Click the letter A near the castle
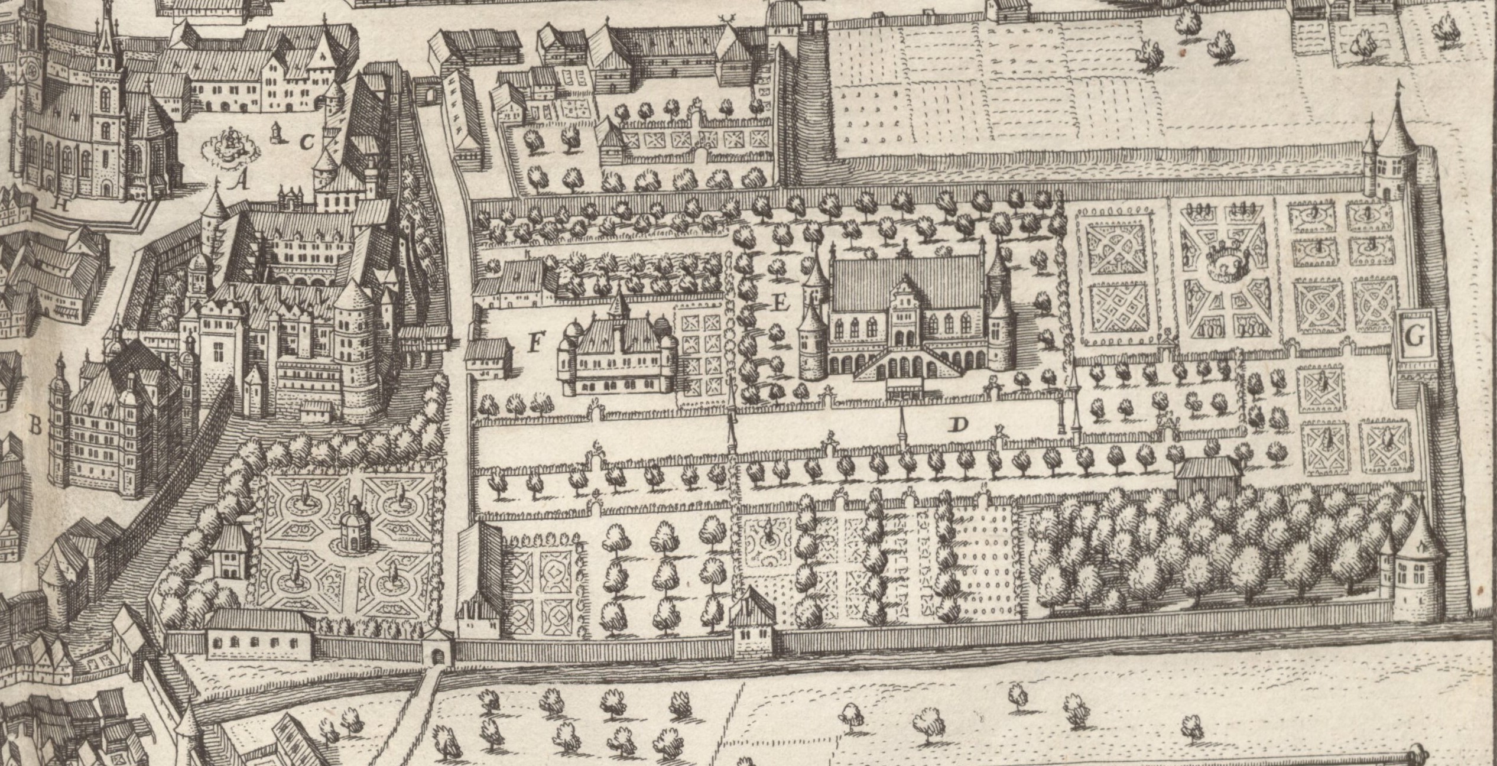point(239,183)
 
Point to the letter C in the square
point(306,142)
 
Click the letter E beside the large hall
point(781,304)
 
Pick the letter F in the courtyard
point(535,343)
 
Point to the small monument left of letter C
point(275,134)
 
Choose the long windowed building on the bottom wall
point(259,634)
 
